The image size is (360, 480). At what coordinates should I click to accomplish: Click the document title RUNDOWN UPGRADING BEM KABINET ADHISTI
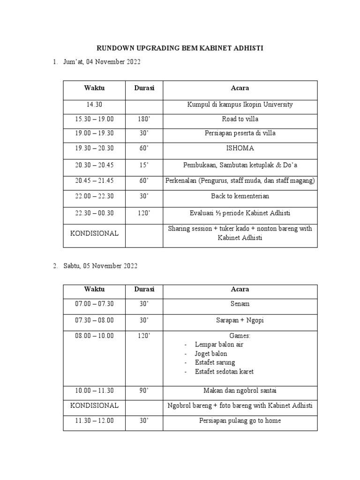(x=180, y=48)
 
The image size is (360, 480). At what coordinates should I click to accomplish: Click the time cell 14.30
(x=94, y=105)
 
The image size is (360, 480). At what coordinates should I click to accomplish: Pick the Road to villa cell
(x=240, y=119)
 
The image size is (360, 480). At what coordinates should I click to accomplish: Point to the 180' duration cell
(x=144, y=119)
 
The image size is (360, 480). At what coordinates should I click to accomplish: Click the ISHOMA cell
(x=240, y=148)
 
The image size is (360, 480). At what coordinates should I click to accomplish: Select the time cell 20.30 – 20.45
(x=94, y=165)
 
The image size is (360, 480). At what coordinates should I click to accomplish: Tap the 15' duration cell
(x=144, y=165)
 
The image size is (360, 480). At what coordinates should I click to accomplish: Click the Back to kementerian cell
(x=240, y=196)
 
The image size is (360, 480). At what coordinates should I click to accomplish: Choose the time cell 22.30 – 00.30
(x=94, y=213)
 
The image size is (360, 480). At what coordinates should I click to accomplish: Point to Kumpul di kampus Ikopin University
(x=240, y=105)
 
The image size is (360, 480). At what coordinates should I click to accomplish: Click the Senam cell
(x=240, y=304)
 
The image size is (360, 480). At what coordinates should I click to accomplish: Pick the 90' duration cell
(x=144, y=390)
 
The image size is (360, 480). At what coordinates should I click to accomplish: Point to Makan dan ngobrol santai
(x=240, y=390)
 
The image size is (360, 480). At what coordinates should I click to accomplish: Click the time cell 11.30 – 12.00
(x=94, y=420)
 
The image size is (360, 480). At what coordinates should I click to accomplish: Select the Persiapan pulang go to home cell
(x=240, y=420)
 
